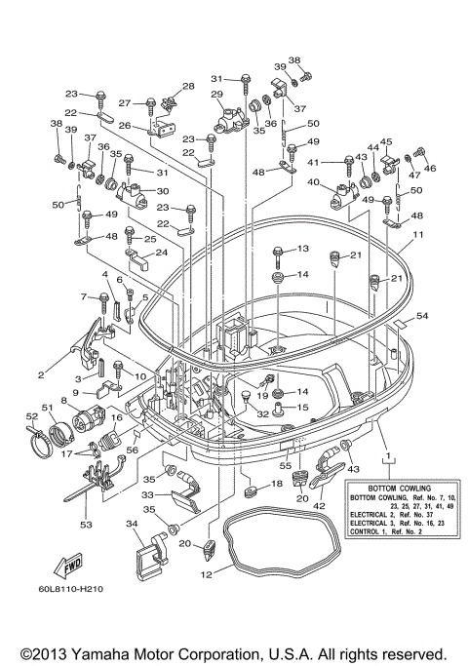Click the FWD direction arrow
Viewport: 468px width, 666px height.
[69, 566]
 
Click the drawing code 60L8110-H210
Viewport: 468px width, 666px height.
[70, 589]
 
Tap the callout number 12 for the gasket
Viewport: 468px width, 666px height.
[206, 574]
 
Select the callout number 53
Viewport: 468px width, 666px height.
[86, 525]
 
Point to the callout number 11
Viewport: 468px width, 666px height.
[418, 234]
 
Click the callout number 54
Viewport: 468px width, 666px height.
[422, 316]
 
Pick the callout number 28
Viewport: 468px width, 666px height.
[188, 86]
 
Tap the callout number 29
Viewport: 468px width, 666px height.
[217, 94]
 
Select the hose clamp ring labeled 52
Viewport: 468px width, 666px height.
[42, 442]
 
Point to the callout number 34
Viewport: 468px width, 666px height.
[132, 524]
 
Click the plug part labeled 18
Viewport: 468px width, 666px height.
[252, 491]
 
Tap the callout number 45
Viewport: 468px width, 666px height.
[386, 141]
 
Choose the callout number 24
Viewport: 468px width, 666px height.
[162, 253]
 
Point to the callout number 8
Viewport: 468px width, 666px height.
[63, 400]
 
